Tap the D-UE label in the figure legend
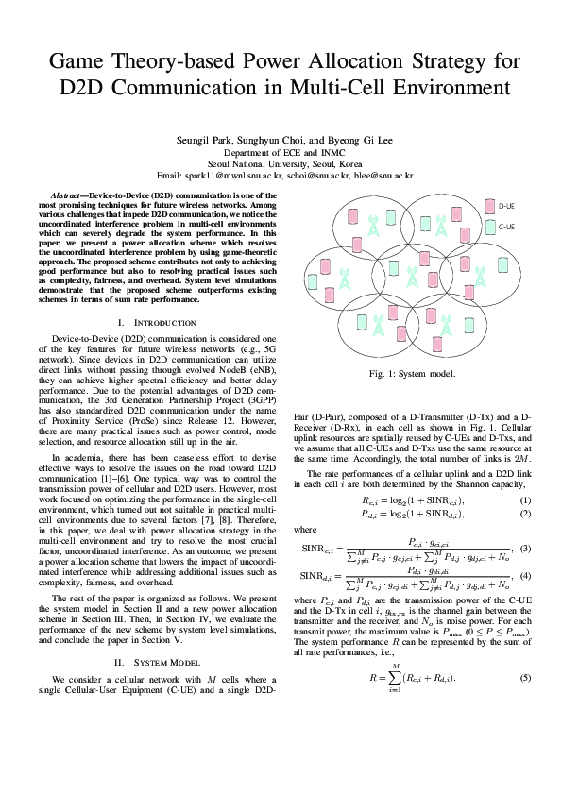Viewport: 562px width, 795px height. (505, 205)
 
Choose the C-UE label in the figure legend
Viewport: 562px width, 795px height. (505, 227)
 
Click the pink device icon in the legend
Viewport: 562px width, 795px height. (488, 205)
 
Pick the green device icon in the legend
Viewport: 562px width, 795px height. (488, 227)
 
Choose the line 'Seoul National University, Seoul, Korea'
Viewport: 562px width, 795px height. (281, 162)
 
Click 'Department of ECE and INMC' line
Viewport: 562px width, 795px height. (281, 151)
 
